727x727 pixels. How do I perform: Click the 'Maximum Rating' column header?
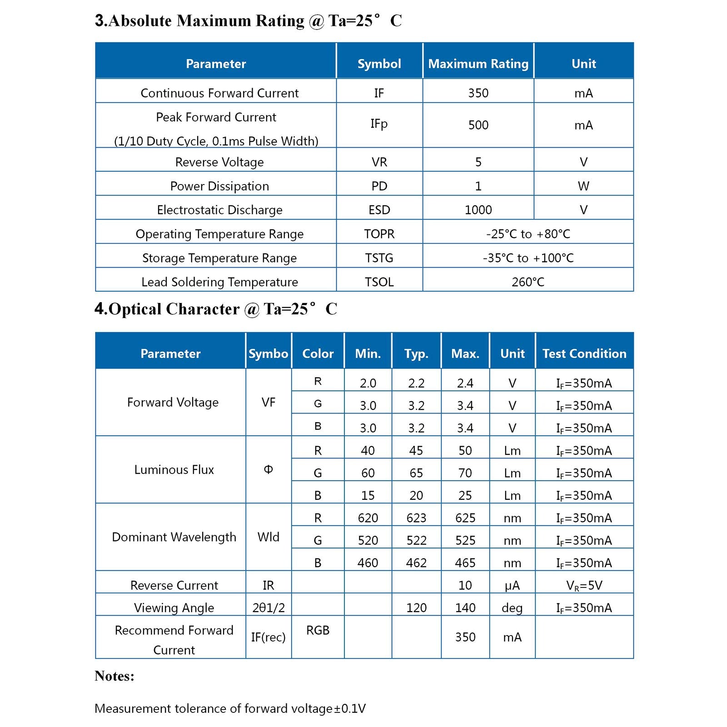tap(478, 64)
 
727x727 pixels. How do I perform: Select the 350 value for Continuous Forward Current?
tap(478, 93)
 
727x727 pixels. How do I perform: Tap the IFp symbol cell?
tap(379, 124)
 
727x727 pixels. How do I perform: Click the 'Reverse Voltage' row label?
tap(219, 162)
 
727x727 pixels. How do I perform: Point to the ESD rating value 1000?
tap(478, 210)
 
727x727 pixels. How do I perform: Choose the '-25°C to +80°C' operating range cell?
tap(528, 234)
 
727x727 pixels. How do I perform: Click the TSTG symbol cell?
tap(379, 258)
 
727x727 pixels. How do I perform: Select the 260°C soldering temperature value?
tap(528, 282)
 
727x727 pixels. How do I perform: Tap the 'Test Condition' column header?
tap(584, 354)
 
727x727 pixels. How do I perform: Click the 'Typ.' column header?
tap(416, 354)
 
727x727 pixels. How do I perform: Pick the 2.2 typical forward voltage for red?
tap(416, 383)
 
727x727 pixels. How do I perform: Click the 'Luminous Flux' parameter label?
tap(174, 469)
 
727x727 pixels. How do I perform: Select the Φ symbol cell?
tap(268, 469)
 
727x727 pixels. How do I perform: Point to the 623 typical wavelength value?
tap(416, 518)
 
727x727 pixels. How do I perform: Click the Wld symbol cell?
tap(268, 537)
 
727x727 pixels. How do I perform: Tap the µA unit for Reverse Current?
tap(512, 585)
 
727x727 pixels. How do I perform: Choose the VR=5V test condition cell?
tap(584, 585)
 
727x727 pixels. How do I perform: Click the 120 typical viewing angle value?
tap(416, 608)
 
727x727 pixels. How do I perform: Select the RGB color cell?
tap(318, 630)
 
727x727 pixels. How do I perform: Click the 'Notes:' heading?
tap(115, 676)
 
